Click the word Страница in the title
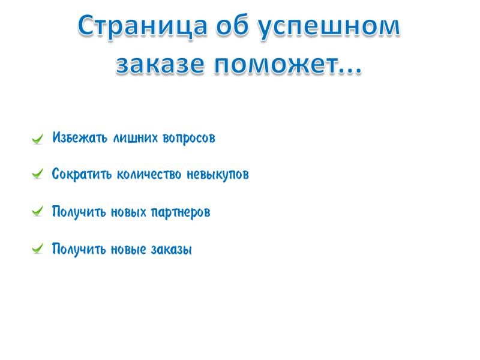pos(142,26)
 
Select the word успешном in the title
pos(328,28)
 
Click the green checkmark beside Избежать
pos(37,139)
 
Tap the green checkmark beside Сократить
pos(37,173)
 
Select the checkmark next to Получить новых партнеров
pos(37,211)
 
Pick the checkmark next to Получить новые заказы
pos(37,248)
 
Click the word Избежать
pos(80,137)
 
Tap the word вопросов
pos(189,139)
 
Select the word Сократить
pos(82,174)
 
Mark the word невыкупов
pos(218,175)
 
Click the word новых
pos(128,212)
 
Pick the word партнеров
pos(181,212)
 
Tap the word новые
pos(128,250)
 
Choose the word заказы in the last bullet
pos(172,250)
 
